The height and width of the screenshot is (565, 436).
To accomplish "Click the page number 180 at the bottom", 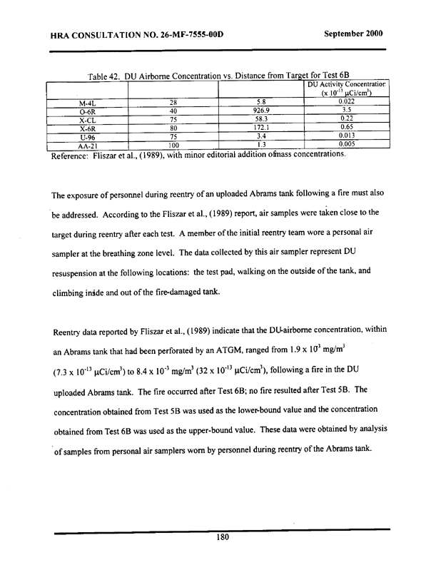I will pos(221,539).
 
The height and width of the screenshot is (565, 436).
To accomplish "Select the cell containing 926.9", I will pos(261,111).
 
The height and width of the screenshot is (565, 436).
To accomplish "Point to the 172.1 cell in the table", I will pos(261,128).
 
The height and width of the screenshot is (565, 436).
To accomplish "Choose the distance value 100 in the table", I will pos(173,145).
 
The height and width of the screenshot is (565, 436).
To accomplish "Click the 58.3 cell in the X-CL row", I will pos(261,120).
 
